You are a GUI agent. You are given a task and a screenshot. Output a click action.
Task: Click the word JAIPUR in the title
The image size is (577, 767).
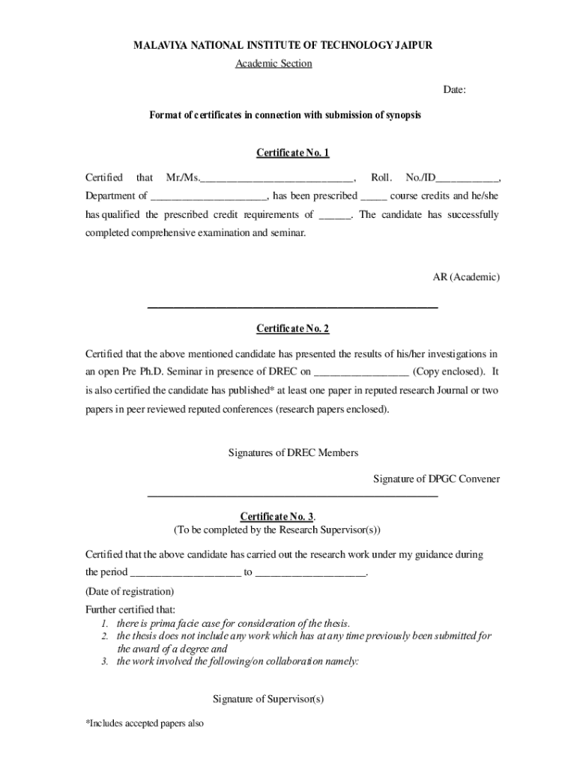coord(413,46)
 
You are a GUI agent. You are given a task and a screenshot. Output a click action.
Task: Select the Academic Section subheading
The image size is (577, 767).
coord(274,64)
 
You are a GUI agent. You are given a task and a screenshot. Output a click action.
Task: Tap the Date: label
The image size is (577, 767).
coord(454,90)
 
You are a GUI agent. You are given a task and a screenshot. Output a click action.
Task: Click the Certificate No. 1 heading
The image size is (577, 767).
coord(292,153)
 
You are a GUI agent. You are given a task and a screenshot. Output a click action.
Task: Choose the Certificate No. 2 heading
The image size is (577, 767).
coord(292,328)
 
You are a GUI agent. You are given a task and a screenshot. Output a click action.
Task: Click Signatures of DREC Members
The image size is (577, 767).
coord(292,452)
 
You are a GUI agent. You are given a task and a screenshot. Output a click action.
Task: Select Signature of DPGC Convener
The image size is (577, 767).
coord(436,479)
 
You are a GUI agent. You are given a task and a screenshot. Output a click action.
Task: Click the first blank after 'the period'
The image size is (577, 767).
coord(185,574)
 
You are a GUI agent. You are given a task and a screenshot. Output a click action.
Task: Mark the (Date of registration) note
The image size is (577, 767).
coord(130,591)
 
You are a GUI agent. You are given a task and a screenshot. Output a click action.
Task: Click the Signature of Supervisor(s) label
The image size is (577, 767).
coord(268,699)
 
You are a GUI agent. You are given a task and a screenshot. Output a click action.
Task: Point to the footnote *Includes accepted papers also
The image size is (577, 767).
coord(145,724)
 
